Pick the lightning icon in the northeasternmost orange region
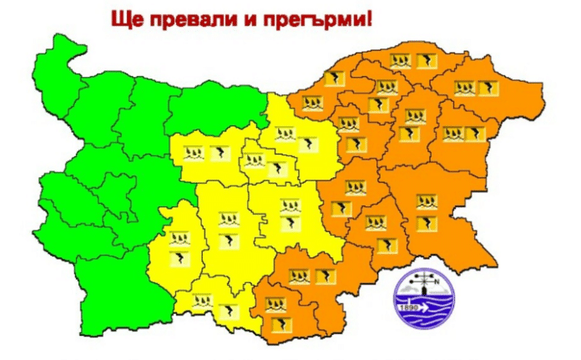(x=484, y=85)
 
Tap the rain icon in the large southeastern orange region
(x=427, y=201)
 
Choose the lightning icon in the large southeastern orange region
(x=427, y=222)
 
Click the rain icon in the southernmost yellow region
(x=202, y=301)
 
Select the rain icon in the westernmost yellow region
(x=179, y=238)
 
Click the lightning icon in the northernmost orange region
(x=426, y=59)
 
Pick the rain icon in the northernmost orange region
(x=401, y=59)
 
